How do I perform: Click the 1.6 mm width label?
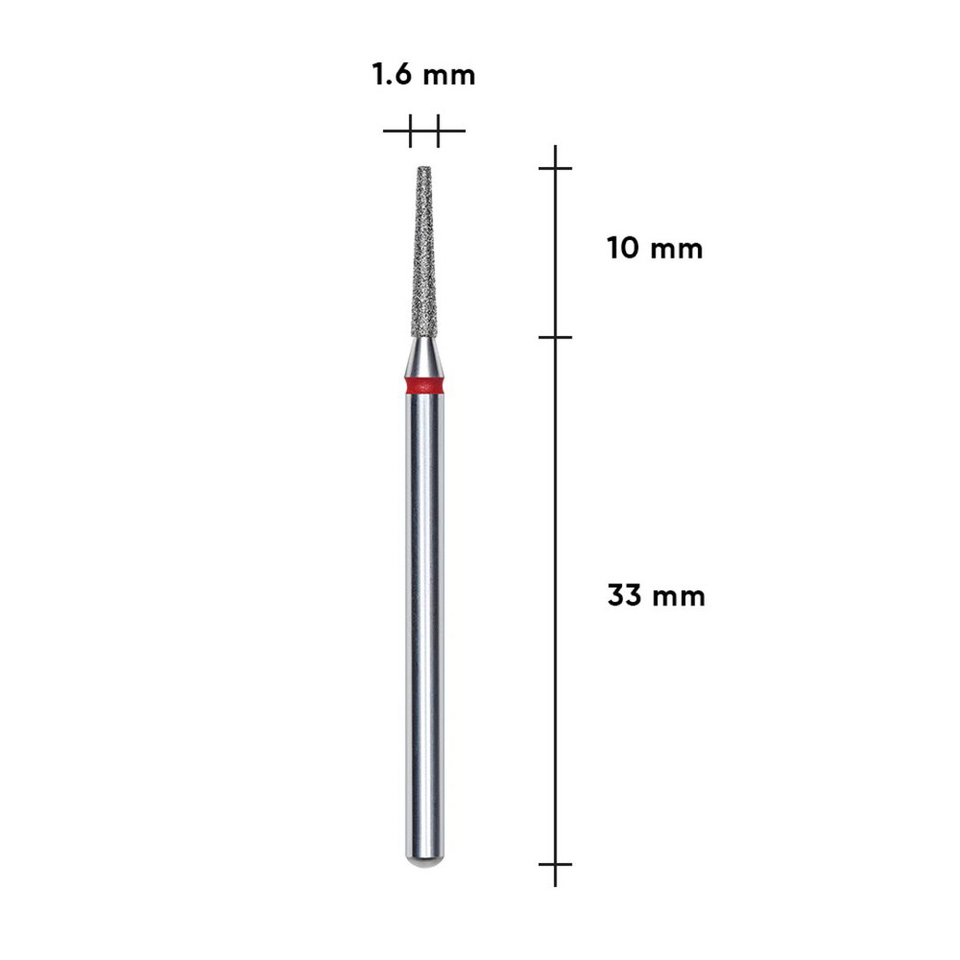pos(423,75)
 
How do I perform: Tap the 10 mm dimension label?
pos(655,249)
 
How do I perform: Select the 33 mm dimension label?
pos(657,595)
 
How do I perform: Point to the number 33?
pos(624,595)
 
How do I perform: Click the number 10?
pos(623,249)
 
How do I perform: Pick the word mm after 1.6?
pos(449,77)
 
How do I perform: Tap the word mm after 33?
pos(679,597)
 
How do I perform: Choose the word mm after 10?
pos(677,251)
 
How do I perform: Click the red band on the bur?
pos(425,386)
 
